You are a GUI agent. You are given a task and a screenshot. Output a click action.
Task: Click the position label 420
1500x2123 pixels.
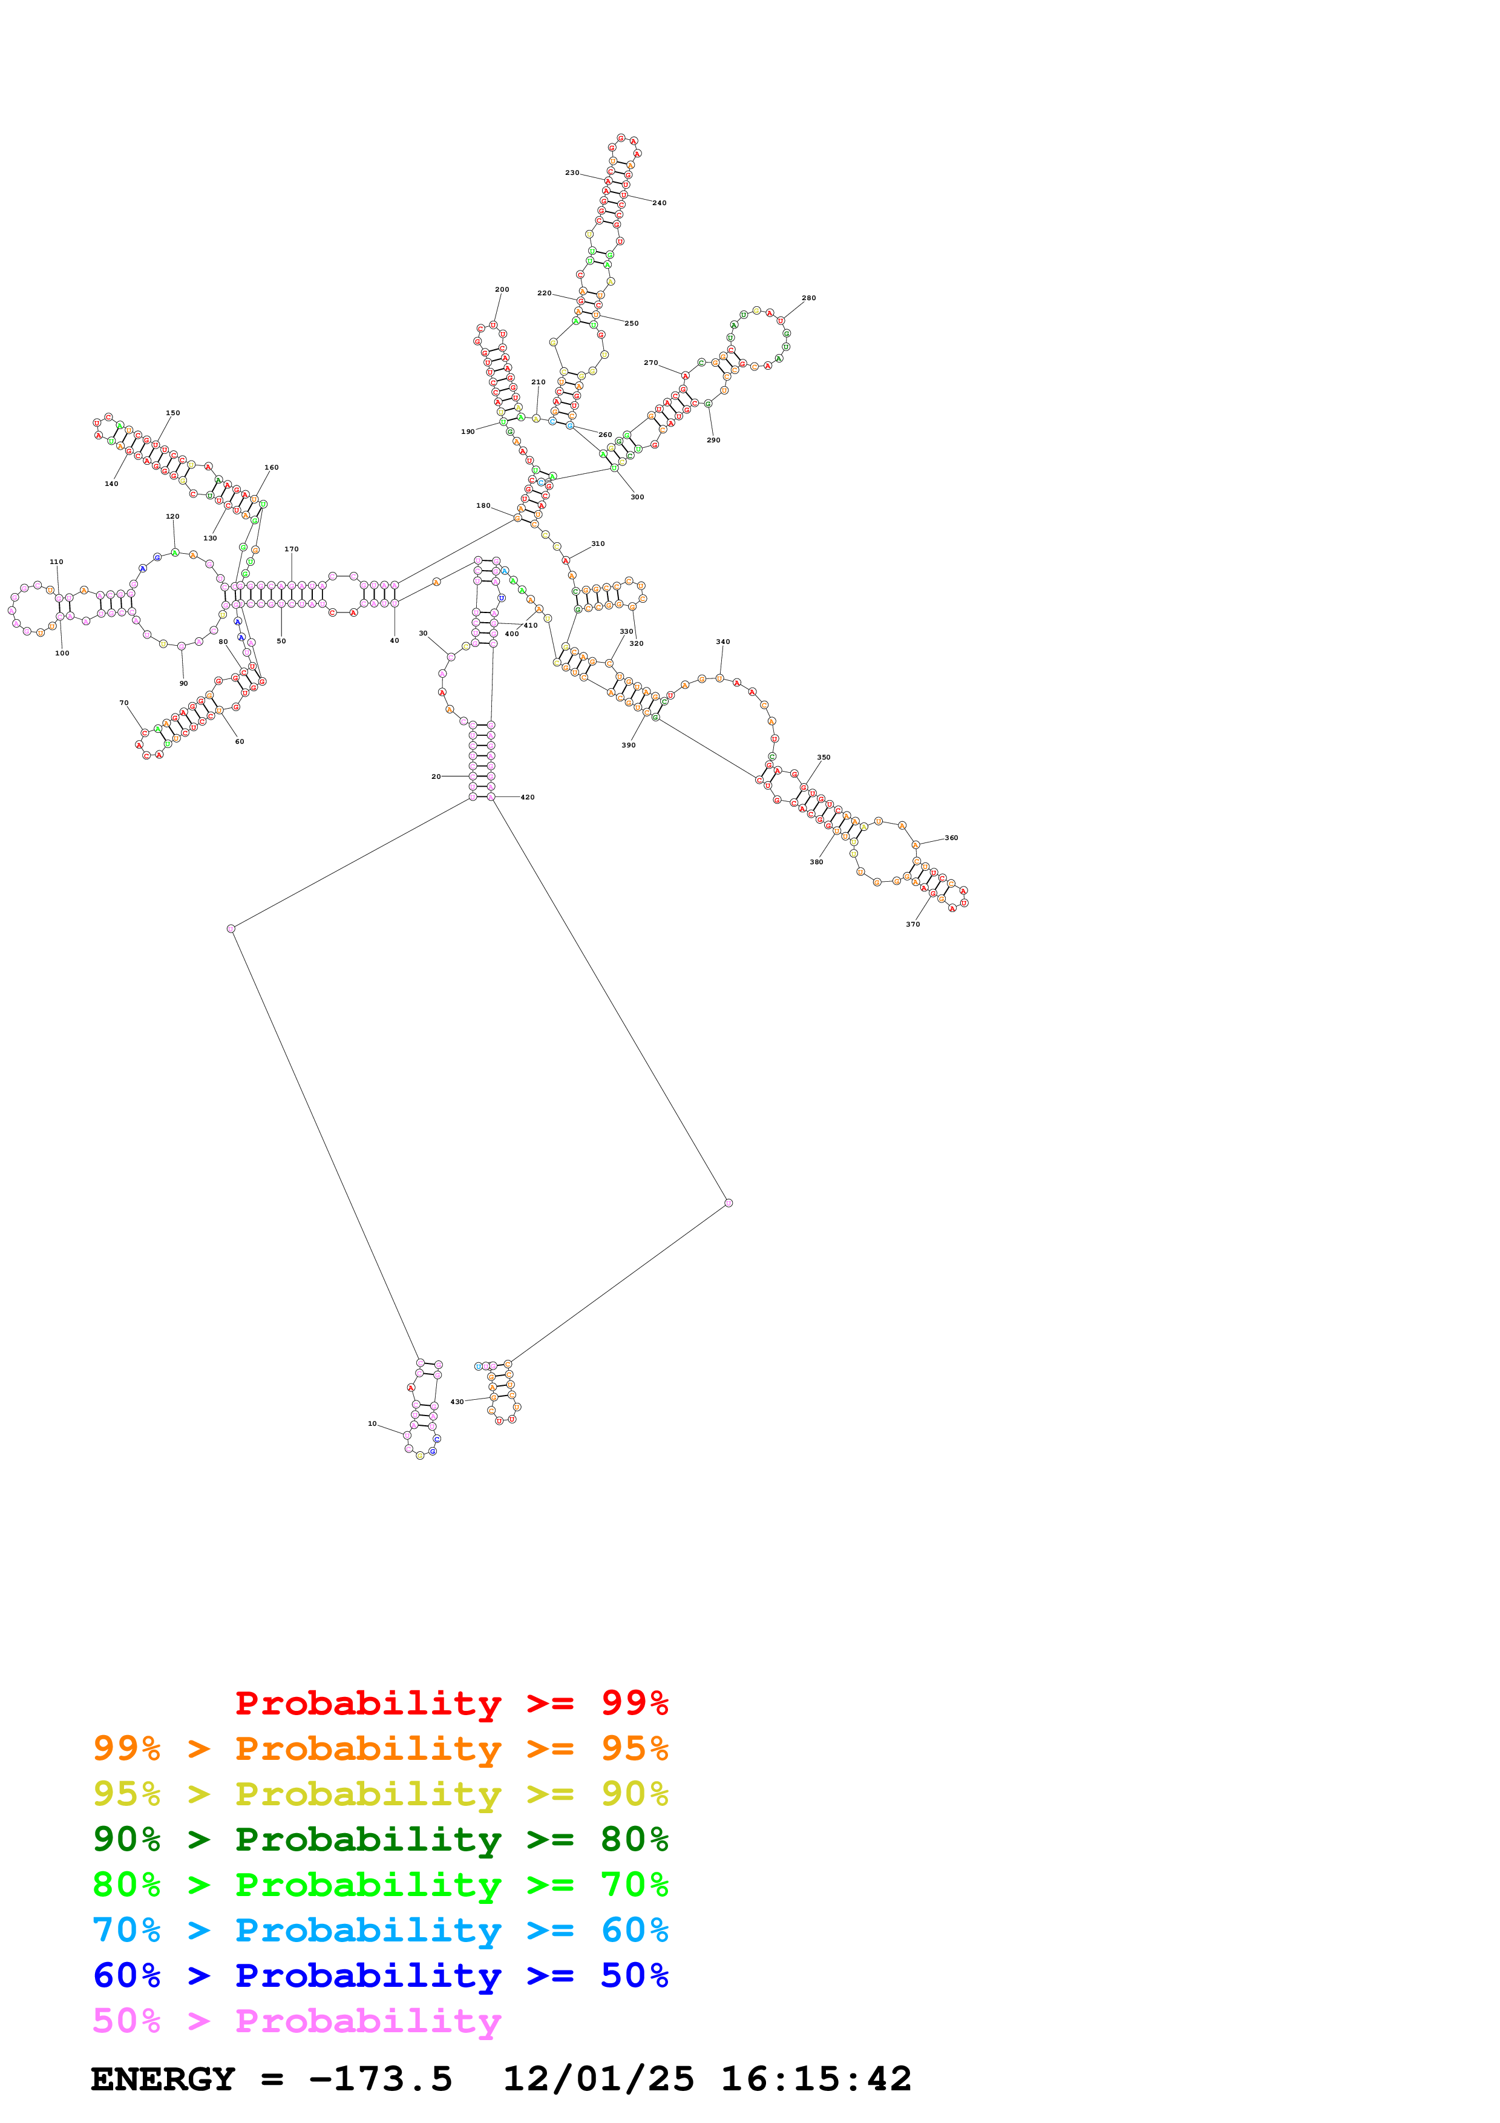(x=527, y=797)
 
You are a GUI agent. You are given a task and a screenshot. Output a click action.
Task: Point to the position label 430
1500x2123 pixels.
(x=457, y=1402)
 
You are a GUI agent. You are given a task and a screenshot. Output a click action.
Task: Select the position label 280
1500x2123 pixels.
(x=808, y=298)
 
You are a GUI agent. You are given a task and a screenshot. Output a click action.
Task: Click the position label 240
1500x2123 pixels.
(x=659, y=203)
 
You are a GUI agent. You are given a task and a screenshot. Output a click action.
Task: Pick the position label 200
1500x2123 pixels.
(x=502, y=289)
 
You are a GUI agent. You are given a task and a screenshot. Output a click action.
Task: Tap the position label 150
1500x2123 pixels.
(x=173, y=413)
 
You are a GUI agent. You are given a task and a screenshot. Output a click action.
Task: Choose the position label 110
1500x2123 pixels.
(x=56, y=561)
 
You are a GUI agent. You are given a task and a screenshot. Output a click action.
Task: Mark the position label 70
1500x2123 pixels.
(x=124, y=703)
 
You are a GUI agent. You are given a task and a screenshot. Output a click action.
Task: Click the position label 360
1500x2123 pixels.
(x=951, y=838)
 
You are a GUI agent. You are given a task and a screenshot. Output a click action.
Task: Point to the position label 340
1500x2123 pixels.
(x=722, y=641)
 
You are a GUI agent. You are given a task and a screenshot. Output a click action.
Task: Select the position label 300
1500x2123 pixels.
(x=637, y=496)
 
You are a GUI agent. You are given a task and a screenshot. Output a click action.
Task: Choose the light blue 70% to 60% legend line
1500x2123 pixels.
(x=380, y=1930)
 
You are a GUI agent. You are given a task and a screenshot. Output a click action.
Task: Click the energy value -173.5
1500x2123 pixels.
(x=380, y=2079)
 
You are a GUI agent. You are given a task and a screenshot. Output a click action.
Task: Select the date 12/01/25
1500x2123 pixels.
(x=598, y=2079)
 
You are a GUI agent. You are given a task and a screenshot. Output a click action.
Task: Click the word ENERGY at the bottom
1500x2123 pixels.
(x=163, y=2079)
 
